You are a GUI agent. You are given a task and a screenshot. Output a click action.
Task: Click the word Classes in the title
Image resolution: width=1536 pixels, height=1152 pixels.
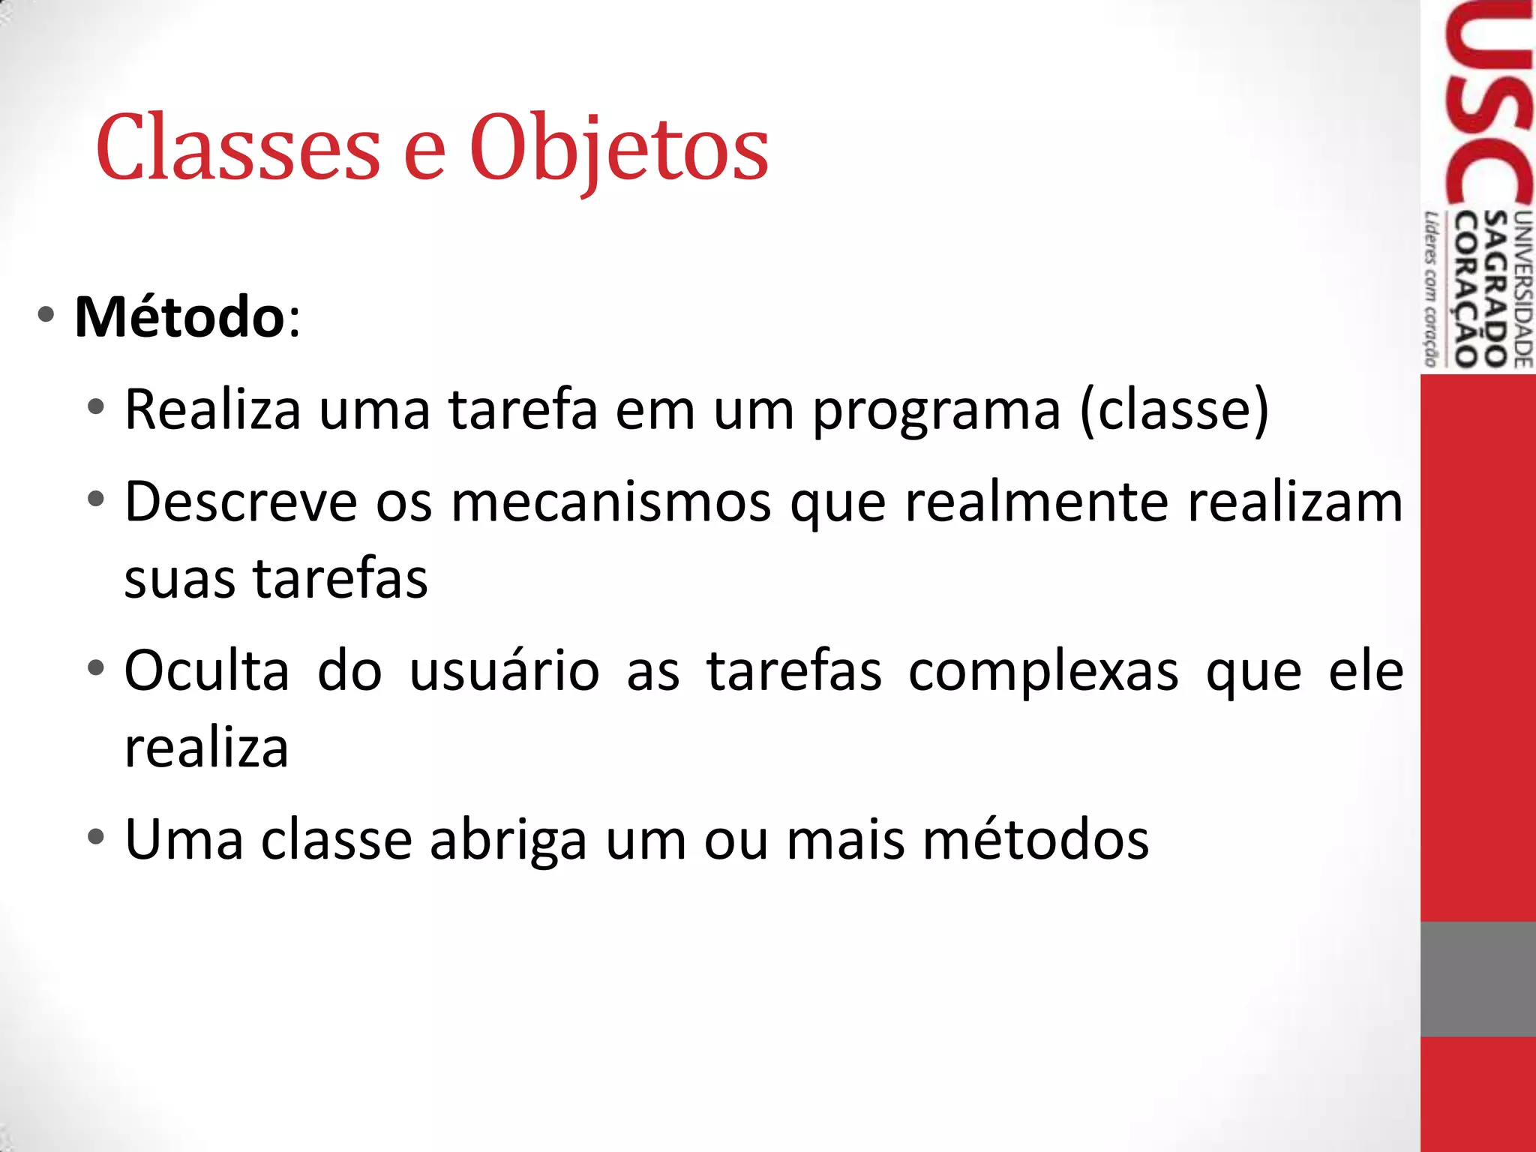238,148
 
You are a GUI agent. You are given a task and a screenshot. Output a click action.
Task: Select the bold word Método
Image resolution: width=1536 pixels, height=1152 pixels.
179,317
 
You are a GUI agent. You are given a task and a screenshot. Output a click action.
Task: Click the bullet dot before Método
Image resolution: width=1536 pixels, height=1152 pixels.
46,315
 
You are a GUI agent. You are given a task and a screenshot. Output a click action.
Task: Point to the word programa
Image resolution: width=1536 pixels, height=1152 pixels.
937,412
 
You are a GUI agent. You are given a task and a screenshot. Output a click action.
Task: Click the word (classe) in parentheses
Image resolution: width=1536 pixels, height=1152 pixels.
1174,410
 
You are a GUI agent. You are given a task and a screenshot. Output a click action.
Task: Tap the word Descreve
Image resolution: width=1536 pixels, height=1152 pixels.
241,502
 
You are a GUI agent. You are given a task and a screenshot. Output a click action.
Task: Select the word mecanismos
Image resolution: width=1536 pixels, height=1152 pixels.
611,502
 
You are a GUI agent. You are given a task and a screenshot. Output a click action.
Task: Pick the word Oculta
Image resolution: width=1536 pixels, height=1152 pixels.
206,670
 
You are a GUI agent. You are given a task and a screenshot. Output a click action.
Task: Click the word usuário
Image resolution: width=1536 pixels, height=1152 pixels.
504,670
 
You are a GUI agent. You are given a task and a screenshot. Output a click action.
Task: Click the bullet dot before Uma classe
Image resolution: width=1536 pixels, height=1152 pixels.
95,835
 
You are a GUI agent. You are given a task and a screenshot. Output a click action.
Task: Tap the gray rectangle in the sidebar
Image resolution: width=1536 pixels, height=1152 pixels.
1477,979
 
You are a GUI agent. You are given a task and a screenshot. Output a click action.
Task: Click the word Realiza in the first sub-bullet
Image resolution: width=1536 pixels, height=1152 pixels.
212,410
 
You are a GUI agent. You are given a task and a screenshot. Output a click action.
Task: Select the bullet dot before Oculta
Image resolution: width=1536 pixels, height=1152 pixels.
95,667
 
